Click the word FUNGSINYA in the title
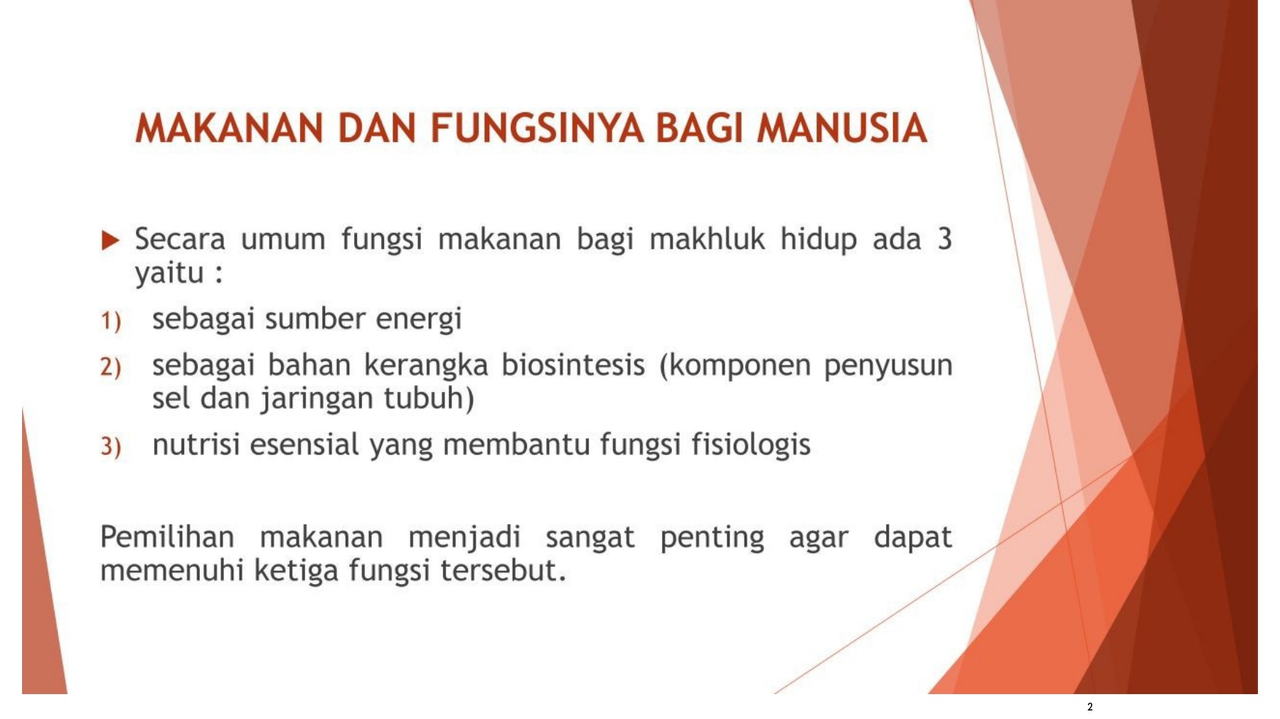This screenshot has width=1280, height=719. [x=537, y=129]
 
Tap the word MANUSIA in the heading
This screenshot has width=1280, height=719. [x=842, y=129]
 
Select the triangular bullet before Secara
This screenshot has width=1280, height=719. [x=110, y=240]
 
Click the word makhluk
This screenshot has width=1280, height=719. [x=707, y=239]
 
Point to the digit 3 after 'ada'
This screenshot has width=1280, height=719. [x=944, y=239]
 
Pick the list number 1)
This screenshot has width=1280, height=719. [x=110, y=321]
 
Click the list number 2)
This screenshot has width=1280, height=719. [x=110, y=367]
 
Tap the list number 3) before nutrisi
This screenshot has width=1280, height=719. [x=110, y=447]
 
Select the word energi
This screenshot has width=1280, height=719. [x=419, y=320]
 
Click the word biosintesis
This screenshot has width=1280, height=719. [x=573, y=365]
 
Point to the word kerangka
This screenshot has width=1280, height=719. [x=426, y=365]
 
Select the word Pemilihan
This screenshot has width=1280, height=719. [x=167, y=537]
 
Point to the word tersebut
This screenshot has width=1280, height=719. [x=503, y=571]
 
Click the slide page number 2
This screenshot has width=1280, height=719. [x=1089, y=707]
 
